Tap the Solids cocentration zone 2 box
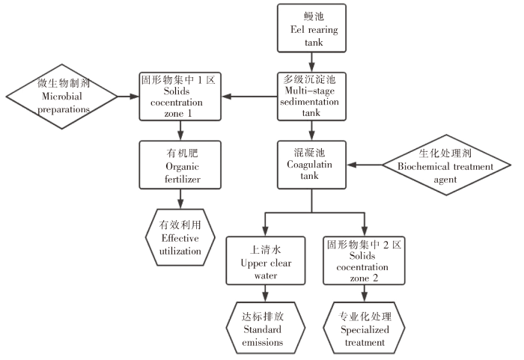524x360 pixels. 365,259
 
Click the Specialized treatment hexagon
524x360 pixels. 365,327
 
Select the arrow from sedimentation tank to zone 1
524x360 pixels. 246,97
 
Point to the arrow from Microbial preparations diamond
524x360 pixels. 128,97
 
